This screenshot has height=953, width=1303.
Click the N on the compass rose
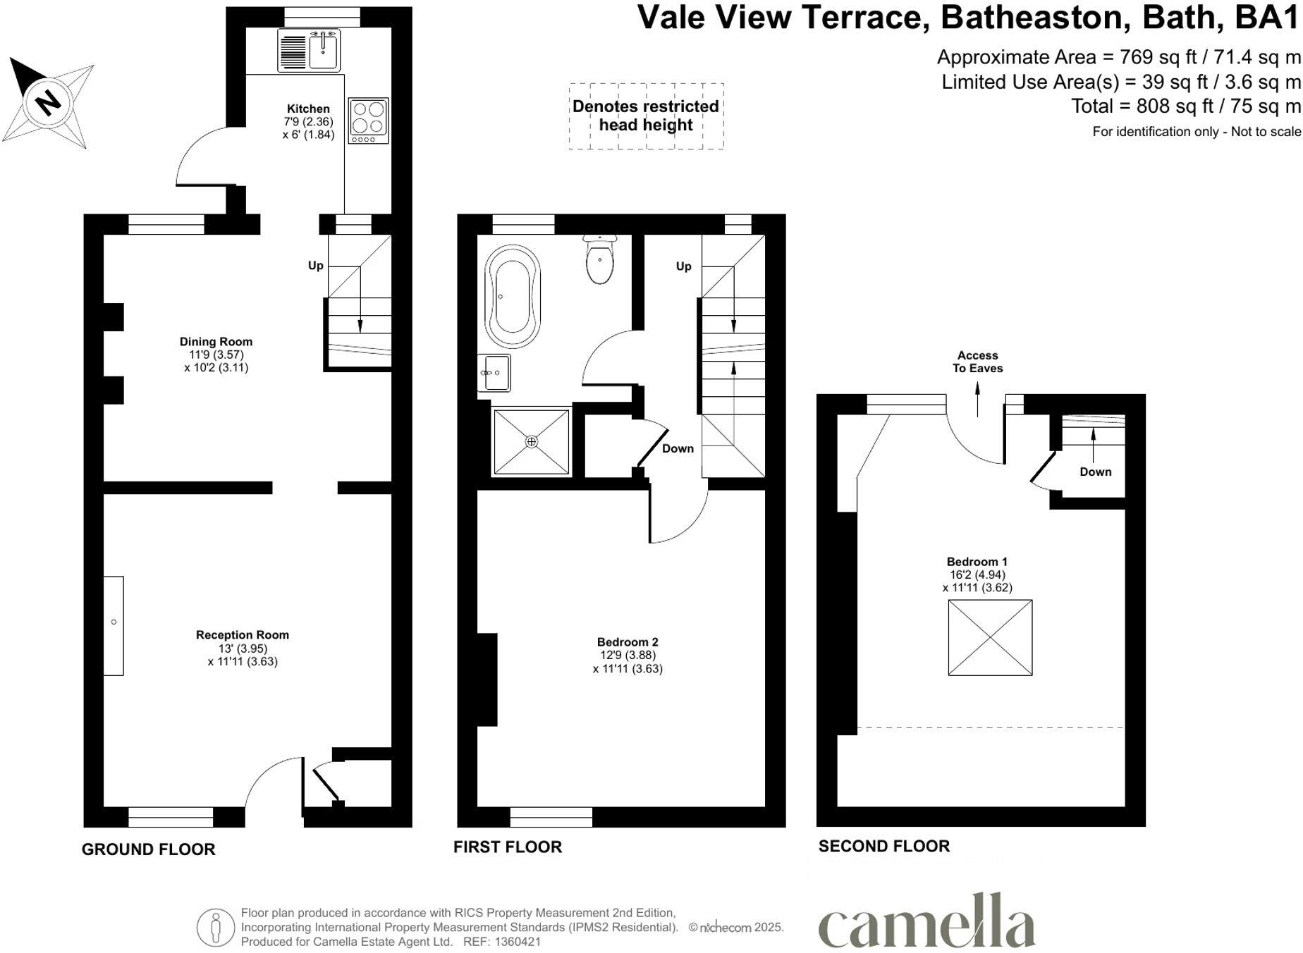(x=48, y=104)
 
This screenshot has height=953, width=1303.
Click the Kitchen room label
(x=308, y=109)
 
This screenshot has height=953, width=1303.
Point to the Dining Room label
(x=216, y=342)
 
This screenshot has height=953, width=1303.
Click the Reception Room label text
(x=243, y=635)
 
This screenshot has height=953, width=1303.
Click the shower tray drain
(x=532, y=442)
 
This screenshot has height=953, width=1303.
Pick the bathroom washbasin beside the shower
(x=495, y=372)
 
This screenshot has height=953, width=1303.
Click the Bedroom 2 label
(x=628, y=642)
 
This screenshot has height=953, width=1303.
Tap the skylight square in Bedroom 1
(x=990, y=638)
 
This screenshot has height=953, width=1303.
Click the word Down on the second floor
(x=1095, y=472)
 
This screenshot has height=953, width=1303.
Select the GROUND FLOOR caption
(x=148, y=849)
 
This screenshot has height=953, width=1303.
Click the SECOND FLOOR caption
(x=884, y=846)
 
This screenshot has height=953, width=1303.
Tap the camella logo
(x=926, y=923)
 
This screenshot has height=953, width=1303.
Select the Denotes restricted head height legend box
(x=646, y=116)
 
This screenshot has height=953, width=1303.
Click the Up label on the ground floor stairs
(x=315, y=266)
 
